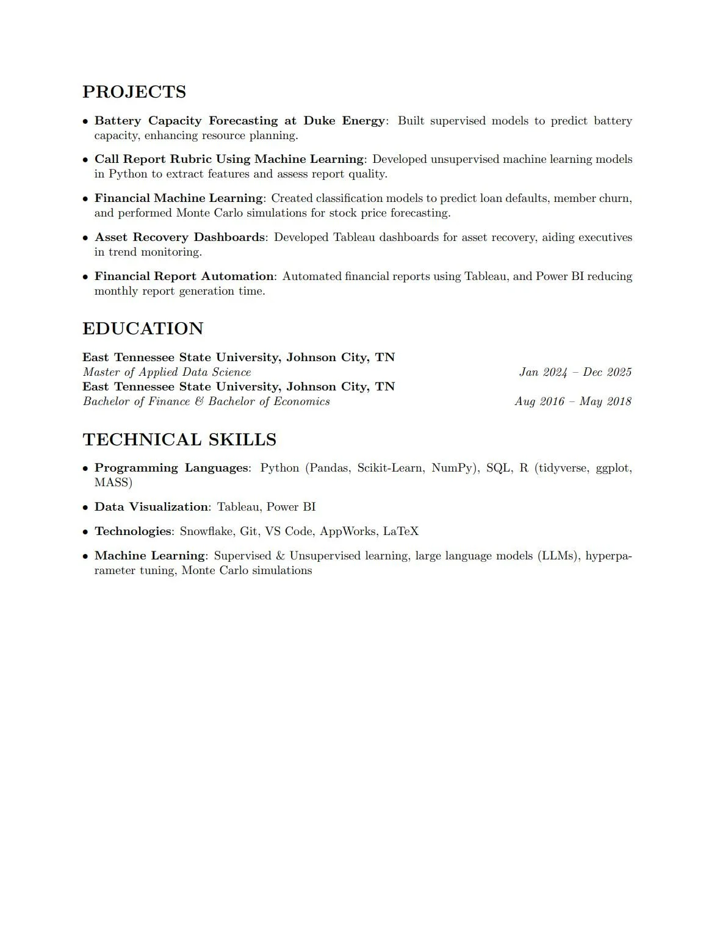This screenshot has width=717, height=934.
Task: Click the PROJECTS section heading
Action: click(x=134, y=92)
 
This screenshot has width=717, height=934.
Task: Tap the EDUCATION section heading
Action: click(x=143, y=329)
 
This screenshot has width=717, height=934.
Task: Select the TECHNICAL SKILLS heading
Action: click(x=179, y=440)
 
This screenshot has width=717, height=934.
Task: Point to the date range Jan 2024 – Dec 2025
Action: click(x=575, y=372)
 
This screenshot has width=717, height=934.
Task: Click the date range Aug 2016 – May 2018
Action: click(x=572, y=401)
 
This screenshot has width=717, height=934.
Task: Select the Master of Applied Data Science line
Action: click(x=167, y=372)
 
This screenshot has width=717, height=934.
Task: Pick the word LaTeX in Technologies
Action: click(x=400, y=531)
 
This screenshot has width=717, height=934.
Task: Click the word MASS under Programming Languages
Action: click(x=113, y=483)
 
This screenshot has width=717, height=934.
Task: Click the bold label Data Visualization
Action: click(x=151, y=507)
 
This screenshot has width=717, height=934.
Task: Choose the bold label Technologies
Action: click(x=132, y=531)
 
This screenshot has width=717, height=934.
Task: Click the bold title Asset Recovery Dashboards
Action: click(x=179, y=237)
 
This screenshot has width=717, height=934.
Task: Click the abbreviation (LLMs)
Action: click(x=559, y=556)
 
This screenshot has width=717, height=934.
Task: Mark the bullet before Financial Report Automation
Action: click(x=86, y=277)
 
